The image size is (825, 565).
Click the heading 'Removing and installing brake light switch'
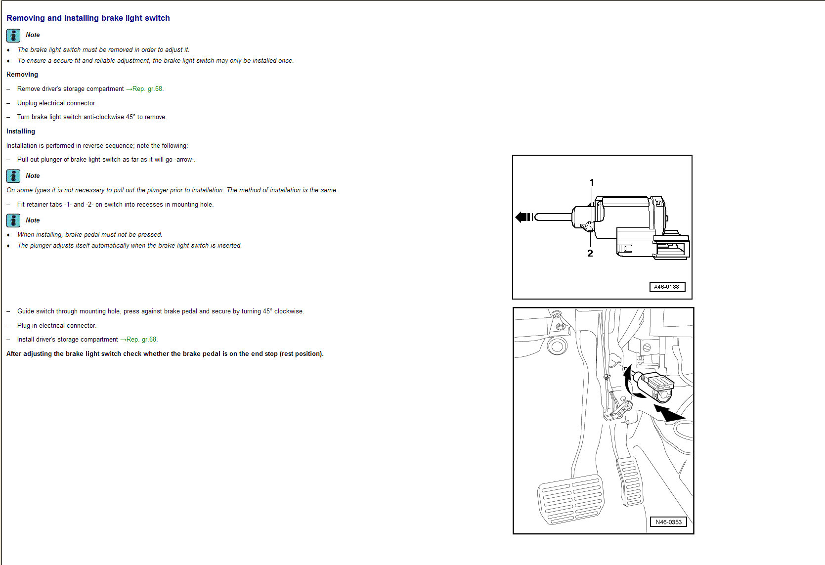(x=88, y=18)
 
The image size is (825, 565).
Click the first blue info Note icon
(x=13, y=35)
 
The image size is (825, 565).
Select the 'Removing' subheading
(x=22, y=75)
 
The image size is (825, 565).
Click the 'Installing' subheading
(x=21, y=131)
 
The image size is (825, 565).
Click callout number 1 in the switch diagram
(x=592, y=182)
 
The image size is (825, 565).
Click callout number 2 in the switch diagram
(x=590, y=253)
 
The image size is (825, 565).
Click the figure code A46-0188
(x=666, y=287)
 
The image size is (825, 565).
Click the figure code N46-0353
(x=668, y=522)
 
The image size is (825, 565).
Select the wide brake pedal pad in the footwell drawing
(x=571, y=499)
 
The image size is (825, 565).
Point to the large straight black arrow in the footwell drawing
(x=668, y=412)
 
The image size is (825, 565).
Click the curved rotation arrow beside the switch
(x=629, y=383)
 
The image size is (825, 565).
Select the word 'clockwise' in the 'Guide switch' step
(x=289, y=311)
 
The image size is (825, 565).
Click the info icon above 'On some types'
(x=13, y=176)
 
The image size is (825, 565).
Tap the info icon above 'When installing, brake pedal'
(x=13, y=220)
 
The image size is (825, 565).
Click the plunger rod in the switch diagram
(x=554, y=217)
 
